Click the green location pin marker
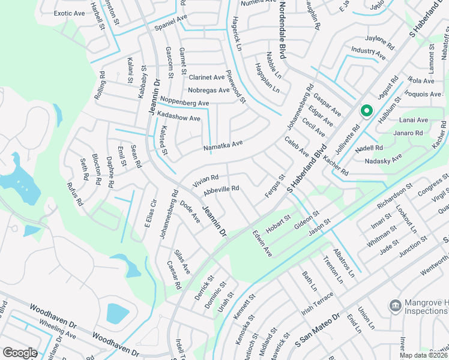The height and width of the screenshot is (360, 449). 366,112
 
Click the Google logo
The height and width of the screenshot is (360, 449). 20,353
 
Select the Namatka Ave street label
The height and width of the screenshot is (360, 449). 223,144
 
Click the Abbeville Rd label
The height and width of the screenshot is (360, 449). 221,189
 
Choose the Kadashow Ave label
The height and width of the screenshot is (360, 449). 178,119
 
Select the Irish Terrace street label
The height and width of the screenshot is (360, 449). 318,304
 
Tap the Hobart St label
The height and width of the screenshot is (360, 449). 279,221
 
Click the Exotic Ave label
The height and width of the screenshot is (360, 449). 69,13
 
